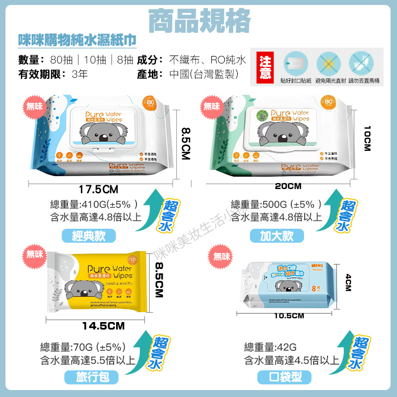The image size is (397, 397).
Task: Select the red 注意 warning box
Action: [265, 67]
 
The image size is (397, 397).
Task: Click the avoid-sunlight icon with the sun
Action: [327, 64]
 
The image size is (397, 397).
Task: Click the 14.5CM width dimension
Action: [103, 326]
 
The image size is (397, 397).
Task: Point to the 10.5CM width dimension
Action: [288, 316]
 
